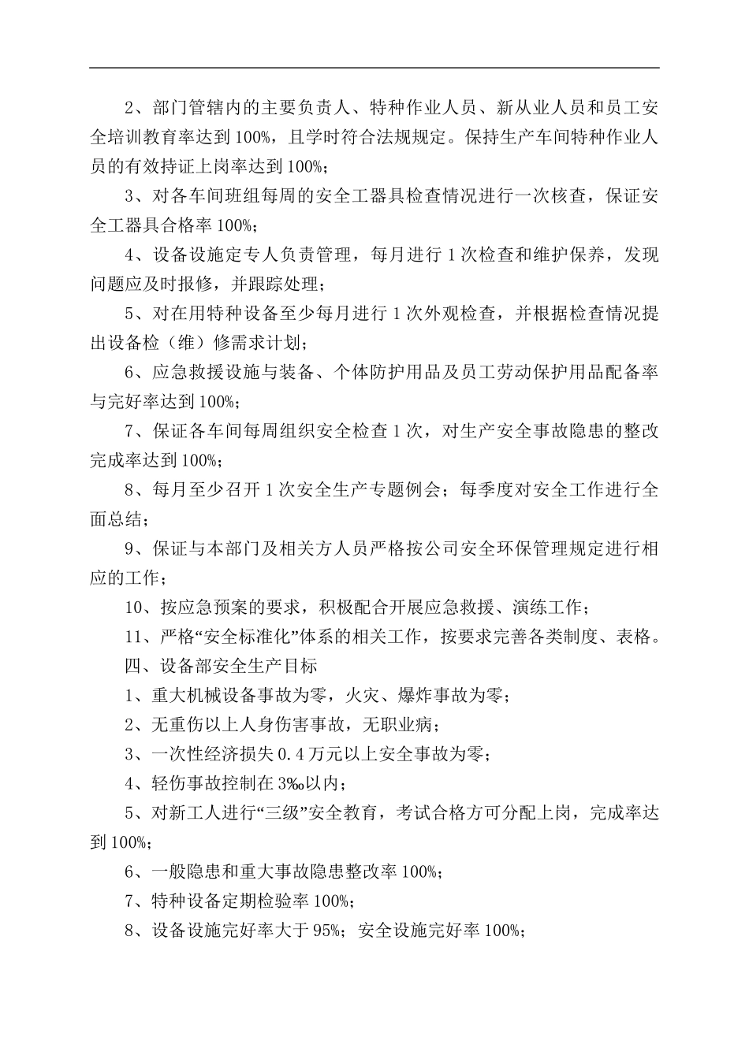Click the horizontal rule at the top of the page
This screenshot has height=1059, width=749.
click(x=374, y=68)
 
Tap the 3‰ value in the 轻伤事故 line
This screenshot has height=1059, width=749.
click(x=287, y=783)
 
